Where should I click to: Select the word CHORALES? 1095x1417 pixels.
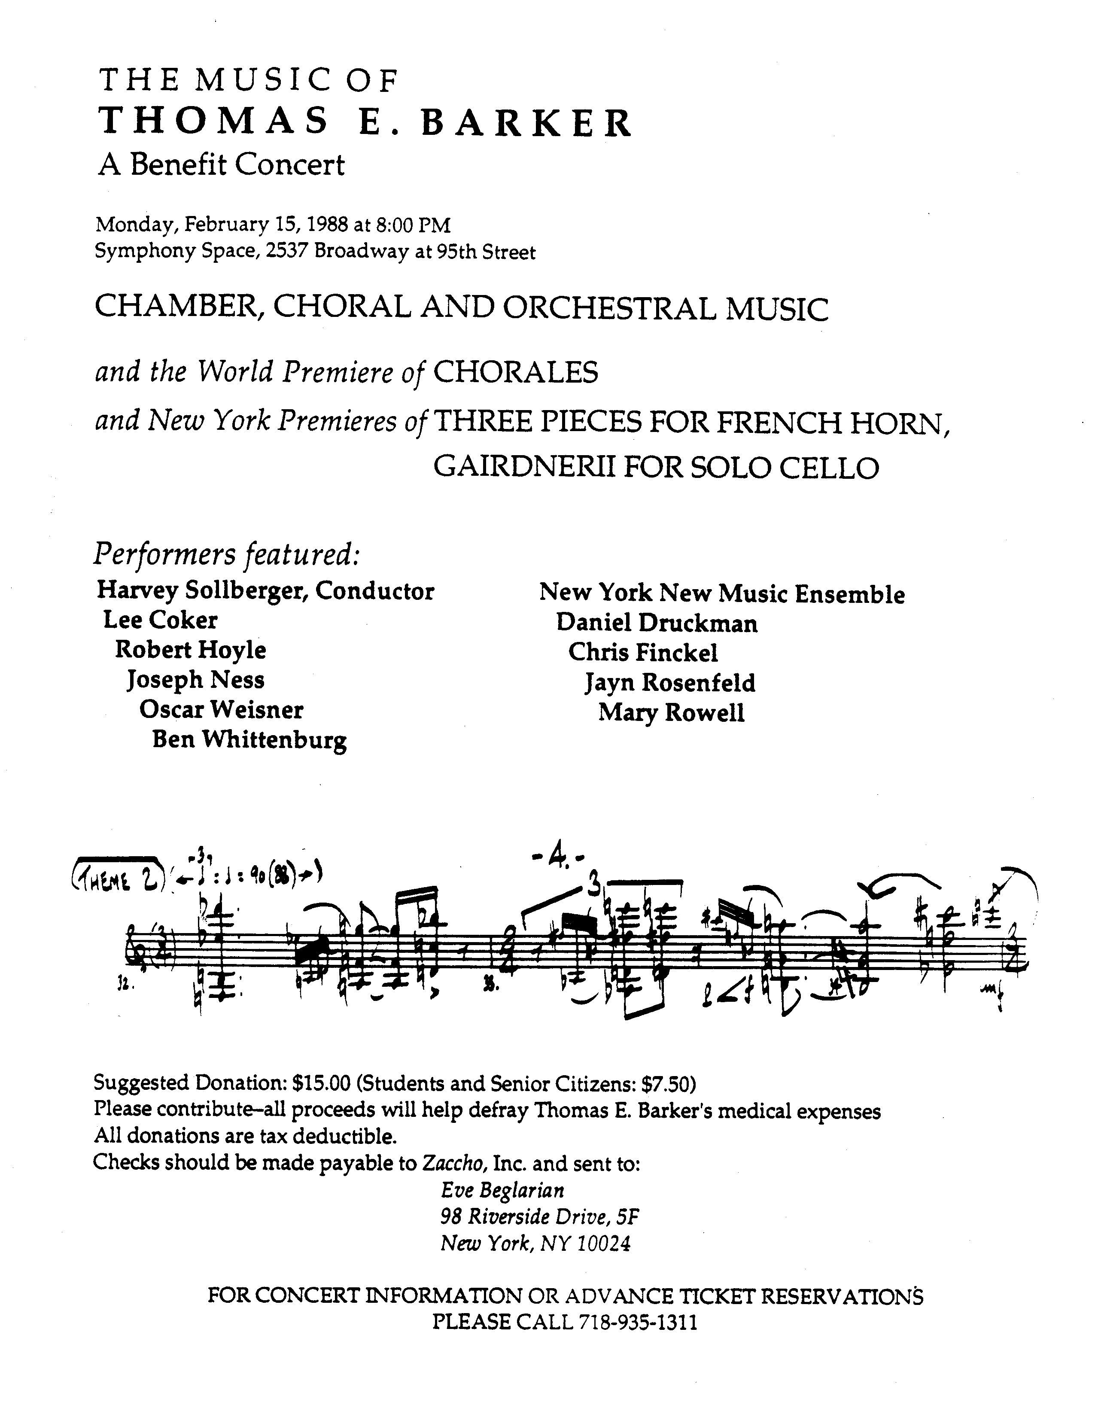(x=515, y=373)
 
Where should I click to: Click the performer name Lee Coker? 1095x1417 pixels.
(x=160, y=620)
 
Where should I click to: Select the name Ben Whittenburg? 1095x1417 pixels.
(x=249, y=740)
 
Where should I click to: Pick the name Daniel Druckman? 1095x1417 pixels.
(x=657, y=623)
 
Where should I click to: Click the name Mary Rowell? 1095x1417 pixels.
(x=671, y=713)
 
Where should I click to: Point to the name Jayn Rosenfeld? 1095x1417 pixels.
(x=669, y=683)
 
